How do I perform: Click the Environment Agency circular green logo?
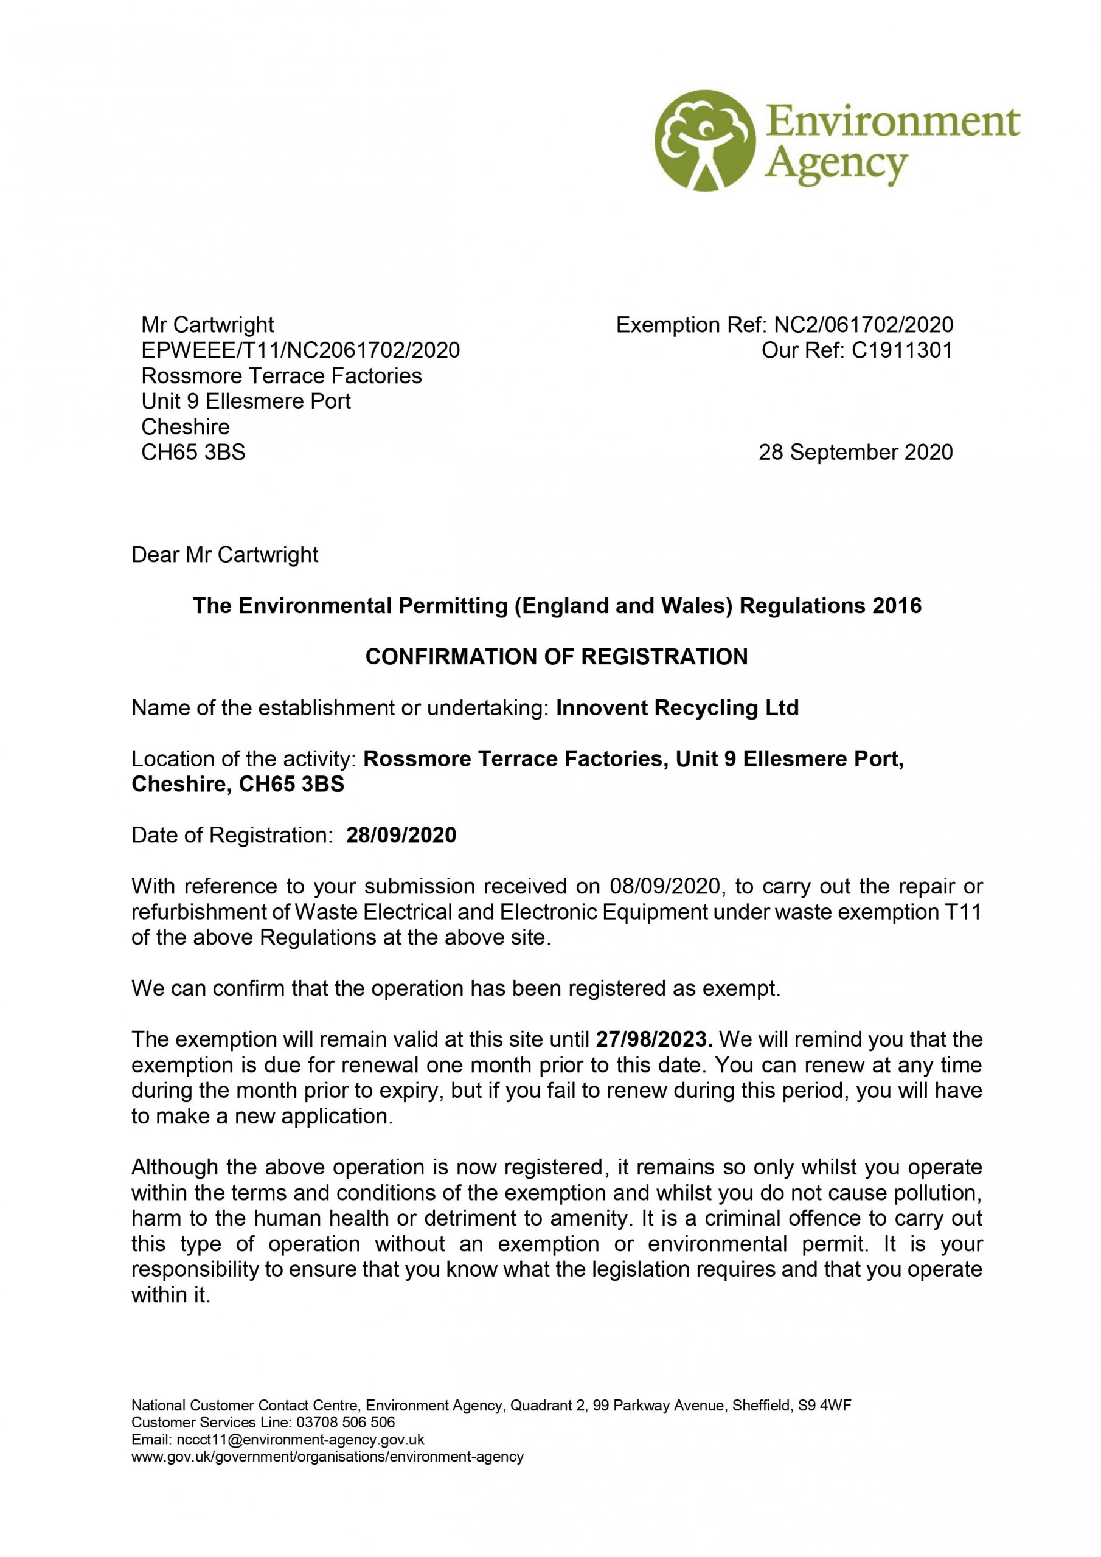[x=704, y=140]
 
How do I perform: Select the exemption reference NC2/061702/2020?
[x=863, y=325]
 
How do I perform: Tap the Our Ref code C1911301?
[x=901, y=350]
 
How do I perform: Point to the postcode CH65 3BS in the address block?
[x=193, y=453]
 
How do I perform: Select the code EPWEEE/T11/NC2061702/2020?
[x=300, y=350]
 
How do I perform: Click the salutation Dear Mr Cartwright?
[x=224, y=555]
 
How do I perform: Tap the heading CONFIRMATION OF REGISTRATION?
[x=556, y=656]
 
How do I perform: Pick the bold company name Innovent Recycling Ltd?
[x=677, y=707]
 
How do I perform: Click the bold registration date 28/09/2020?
[x=401, y=835]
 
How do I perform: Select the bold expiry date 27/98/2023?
[x=653, y=1039]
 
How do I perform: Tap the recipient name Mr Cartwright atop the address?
[x=207, y=325]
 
